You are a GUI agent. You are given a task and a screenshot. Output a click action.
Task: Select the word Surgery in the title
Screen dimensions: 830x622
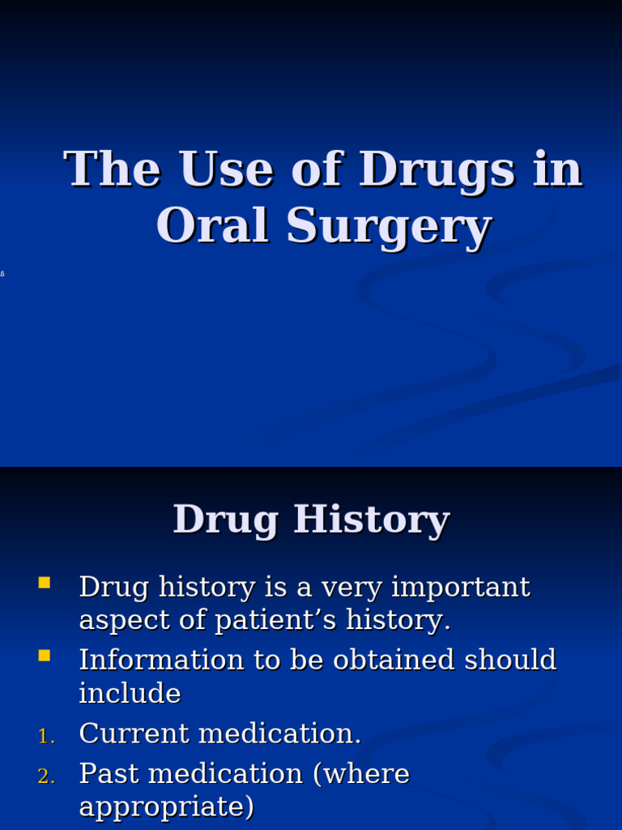[389, 228]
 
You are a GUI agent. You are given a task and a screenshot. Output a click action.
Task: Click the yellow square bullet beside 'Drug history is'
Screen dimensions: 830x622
[44, 582]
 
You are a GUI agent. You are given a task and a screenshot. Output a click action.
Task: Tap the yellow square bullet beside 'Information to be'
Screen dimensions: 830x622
[44, 655]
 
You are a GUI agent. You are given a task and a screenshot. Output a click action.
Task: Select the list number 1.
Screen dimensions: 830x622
[45, 736]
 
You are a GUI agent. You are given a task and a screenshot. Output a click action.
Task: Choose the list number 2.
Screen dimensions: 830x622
[45, 777]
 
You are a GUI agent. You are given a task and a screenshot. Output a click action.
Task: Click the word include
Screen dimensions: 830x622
[130, 694]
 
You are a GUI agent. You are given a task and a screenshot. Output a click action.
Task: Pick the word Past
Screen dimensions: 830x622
[108, 774]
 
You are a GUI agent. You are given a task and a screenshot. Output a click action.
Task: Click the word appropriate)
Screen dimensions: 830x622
[166, 808]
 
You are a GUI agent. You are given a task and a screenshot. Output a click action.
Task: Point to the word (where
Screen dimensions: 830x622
[361, 775]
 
